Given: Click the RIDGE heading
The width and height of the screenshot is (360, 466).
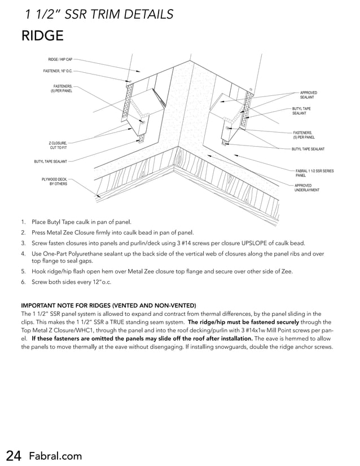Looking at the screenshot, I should pos(42,36).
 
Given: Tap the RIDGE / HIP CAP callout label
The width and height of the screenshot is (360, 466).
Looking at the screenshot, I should pos(60,59).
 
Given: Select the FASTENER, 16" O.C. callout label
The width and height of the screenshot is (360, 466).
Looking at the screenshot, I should pos(58,71).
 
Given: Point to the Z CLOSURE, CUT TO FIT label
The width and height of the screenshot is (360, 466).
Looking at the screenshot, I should pos(58,146).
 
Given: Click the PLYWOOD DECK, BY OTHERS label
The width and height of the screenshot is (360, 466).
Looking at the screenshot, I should pos(55,182).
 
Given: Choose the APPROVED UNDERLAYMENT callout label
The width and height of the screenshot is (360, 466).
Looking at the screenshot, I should pos(306,188).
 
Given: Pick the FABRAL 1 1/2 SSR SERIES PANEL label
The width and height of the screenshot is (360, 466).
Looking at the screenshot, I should pos(314,173).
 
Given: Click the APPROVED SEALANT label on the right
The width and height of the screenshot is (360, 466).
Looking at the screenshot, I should pos(308,95).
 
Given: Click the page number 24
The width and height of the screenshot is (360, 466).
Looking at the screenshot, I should pos(14,456).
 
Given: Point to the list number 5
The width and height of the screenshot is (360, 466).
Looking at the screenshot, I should pos(23,271).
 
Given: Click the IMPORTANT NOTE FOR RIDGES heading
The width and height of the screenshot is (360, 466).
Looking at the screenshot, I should pos(108,305).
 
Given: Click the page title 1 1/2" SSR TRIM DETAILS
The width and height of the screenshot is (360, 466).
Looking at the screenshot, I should pos(99,15).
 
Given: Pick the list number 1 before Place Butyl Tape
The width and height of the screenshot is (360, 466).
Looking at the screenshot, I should pos(23,222).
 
